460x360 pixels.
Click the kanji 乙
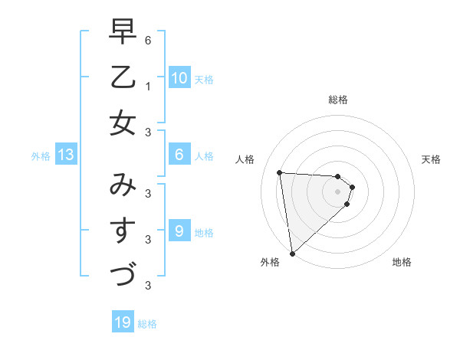(x=123, y=77)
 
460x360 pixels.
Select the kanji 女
(x=123, y=123)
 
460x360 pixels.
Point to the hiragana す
(x=123, y=229)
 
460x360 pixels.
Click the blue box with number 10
(x=179, y=77)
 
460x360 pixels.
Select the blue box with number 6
(x=179, y=155)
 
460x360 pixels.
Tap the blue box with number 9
(x=179, y=231)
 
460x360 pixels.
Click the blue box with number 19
(x=123, y=322)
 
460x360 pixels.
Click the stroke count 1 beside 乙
(x=147, y=86)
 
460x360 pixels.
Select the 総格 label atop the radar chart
(x=338, y=100)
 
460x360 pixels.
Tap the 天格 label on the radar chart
(x=431, y=159)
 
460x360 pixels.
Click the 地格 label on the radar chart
(x=402, y=262)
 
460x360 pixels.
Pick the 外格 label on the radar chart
(x=270, y=262)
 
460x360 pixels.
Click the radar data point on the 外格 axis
(x=292, y=253)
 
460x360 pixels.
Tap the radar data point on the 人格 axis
(x=280, y=172)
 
